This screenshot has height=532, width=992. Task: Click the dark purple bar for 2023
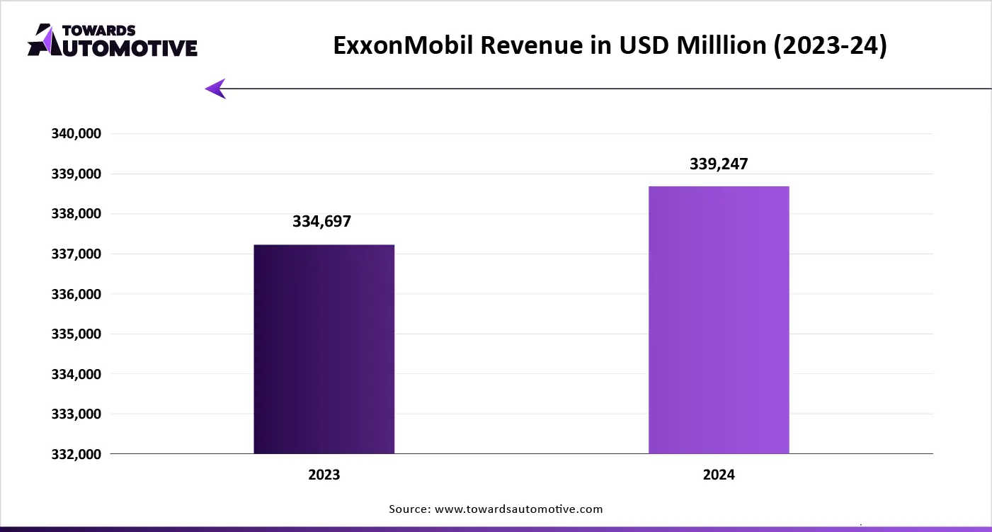324,349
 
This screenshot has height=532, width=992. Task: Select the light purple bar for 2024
719,320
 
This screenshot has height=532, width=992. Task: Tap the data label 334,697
321,222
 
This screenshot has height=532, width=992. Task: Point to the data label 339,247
719,164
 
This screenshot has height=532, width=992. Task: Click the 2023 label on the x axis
324,475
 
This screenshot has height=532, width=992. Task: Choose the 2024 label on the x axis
719,475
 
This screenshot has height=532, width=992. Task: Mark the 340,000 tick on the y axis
75,134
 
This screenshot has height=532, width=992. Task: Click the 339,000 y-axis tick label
75,174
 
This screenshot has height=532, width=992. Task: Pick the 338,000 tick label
75,214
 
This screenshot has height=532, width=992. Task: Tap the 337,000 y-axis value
75,254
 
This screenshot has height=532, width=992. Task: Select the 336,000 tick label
75,294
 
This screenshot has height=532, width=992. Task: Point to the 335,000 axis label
75,334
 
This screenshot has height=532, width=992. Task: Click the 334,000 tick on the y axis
75,374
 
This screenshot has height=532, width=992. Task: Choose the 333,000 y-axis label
75,414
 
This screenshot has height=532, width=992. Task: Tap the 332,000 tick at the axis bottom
75,454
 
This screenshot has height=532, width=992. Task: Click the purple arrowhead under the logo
215,89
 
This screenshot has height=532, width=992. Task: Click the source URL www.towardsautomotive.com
518,509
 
